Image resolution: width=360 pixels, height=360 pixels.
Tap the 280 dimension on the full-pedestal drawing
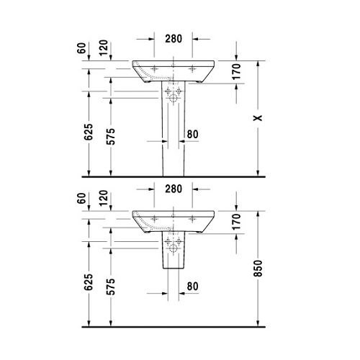click(174, 38)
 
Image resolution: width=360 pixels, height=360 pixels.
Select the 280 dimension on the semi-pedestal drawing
click(174, 189)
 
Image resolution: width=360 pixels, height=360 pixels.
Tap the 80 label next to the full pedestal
click(192, 133)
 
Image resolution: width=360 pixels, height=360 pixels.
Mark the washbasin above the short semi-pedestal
click(174, 219)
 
